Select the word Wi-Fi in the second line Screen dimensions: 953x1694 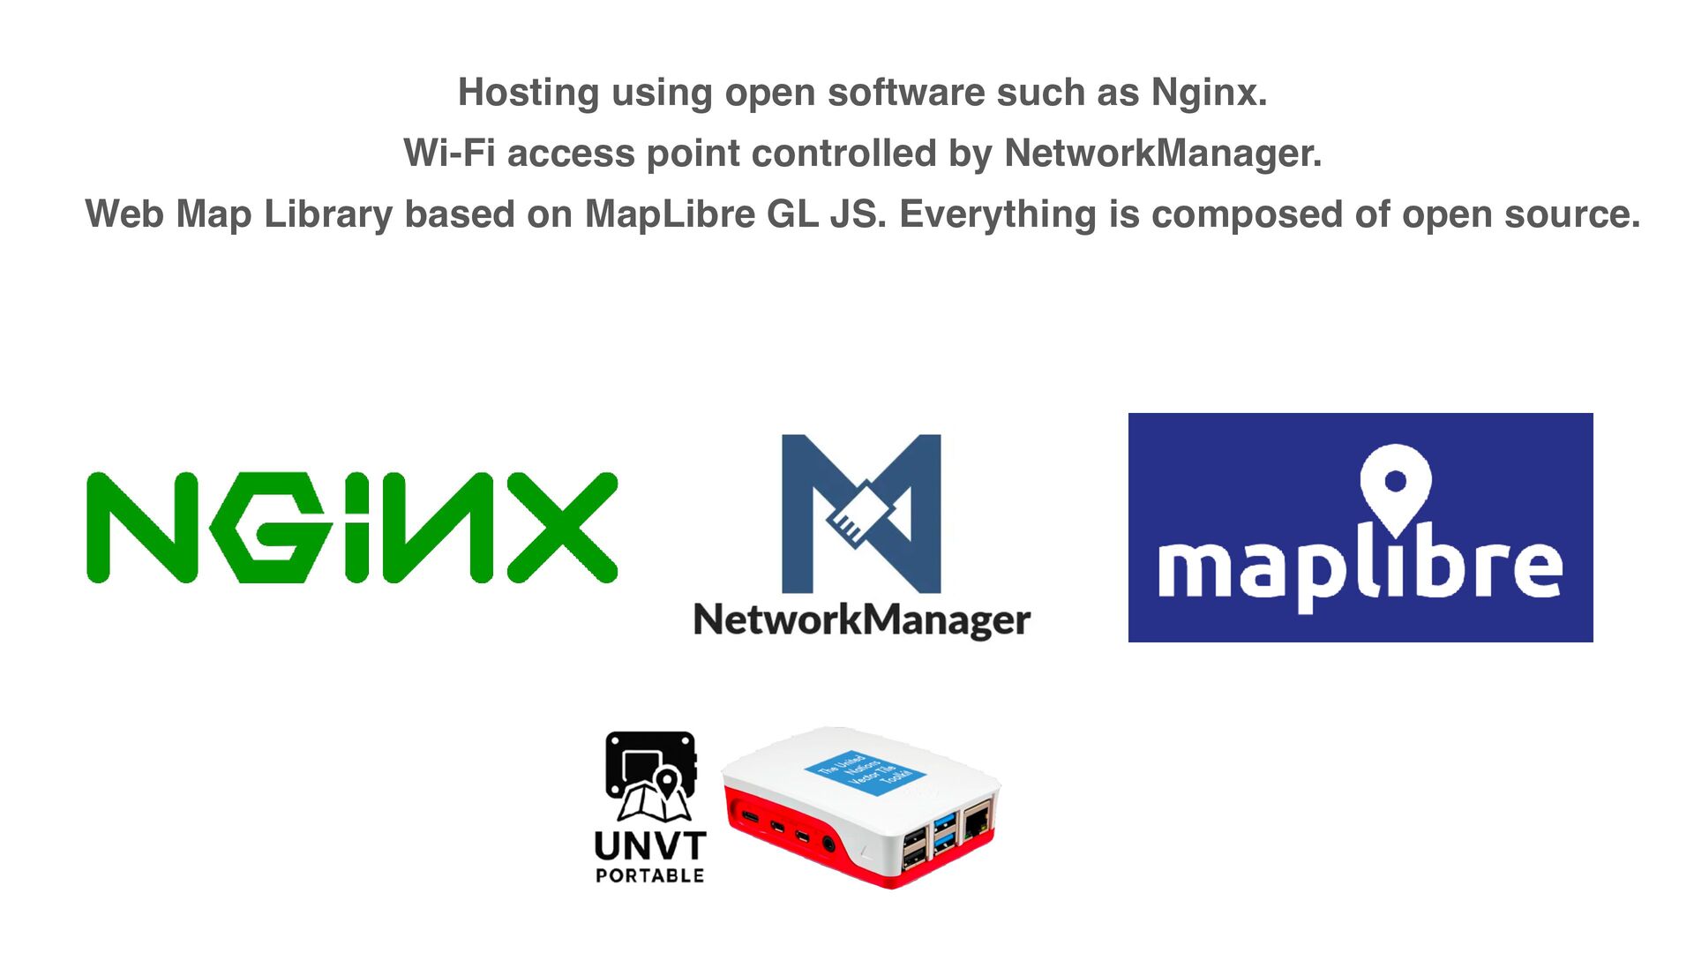[448, 154]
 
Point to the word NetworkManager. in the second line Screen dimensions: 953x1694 [1163, 154]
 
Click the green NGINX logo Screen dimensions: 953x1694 [352, 528]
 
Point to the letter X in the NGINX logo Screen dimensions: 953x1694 [562, 528]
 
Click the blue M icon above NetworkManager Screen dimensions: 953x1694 [861, 514]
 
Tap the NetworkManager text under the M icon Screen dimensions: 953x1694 [861, 620]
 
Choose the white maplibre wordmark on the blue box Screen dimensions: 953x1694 [1360, 569]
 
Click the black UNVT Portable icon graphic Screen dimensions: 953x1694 [650, 776]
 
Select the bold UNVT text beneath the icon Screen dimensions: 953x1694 [650, 846]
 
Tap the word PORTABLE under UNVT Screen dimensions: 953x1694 [650, 876]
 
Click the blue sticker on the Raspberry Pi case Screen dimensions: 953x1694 [864, 774]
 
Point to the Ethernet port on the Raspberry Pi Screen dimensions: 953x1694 [977, 823]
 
